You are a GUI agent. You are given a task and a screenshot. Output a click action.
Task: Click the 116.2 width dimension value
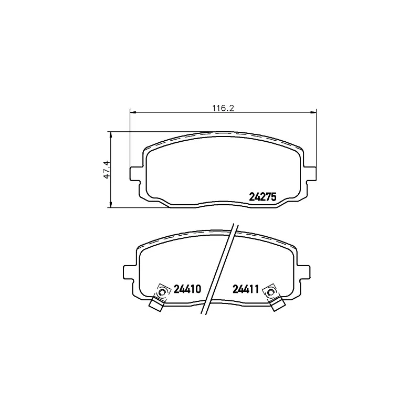pos(223,108)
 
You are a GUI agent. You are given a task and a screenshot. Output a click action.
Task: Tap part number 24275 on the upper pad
pos(262,197)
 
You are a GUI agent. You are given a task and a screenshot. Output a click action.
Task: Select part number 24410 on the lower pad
pos(187,289)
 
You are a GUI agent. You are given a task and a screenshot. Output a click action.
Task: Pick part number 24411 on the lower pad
pos(245,289)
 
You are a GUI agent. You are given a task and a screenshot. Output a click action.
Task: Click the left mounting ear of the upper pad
pos(135,174)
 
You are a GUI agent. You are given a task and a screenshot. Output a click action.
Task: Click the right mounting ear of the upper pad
pos(310,174)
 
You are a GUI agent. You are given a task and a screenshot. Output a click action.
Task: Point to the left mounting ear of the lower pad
pos(129,272)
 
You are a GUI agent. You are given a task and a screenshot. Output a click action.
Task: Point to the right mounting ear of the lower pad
pos(304,272)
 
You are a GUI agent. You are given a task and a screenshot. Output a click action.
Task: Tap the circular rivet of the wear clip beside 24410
pos(162,292)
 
